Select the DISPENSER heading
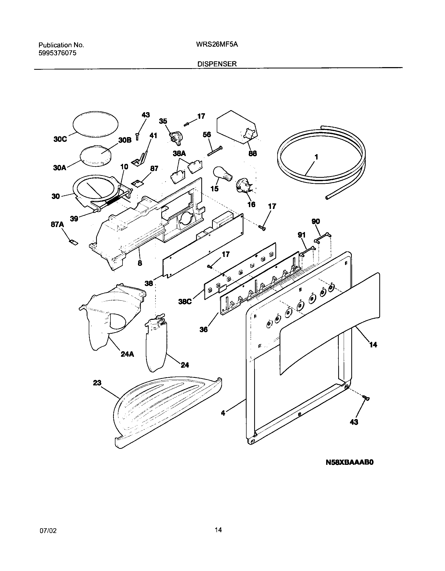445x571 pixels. pyautogui.click(x=217, y=64)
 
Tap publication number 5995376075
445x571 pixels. pyautogui.click(x=57, y=53)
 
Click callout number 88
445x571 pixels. pyautogui.click(x=252, y=153)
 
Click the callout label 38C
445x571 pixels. pyautogui.click(x=185, y=302)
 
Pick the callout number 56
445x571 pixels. pyautogui.click(x=207, y=134)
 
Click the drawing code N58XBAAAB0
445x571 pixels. pyautogui.click(x=349, y=462)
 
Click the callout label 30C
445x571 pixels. pyautogui.click(x=60, y=139)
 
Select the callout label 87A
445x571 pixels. pyautogui.click(x=57, y=225)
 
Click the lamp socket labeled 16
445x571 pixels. pyautogui.click(x=243, y=186)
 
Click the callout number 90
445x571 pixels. pyautogui.click(x=316, y=222)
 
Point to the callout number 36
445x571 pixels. pyautogui.click(x=203, y=329)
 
